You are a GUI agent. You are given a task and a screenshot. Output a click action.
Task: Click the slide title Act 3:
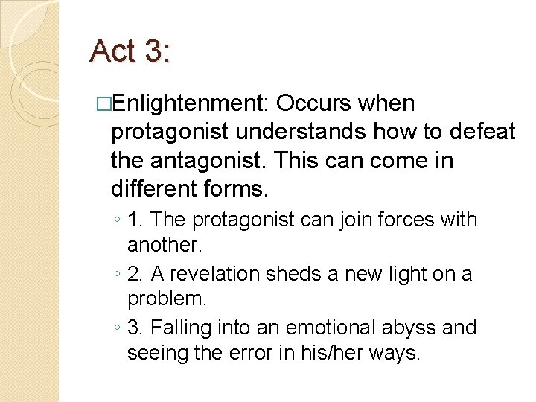[x=130, y=51]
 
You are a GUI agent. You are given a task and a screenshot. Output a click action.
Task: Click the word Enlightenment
[x=194, y=103]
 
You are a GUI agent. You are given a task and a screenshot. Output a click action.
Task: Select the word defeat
[x=482, y=132]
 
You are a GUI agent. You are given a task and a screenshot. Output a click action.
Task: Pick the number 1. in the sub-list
[x=134, y=220]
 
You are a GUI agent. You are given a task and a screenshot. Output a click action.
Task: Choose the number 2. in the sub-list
[x=134, y=274]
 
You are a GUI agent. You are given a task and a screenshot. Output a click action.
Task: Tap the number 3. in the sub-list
[x=134, y=328]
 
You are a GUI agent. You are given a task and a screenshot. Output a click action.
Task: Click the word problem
[x=165, y=299]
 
